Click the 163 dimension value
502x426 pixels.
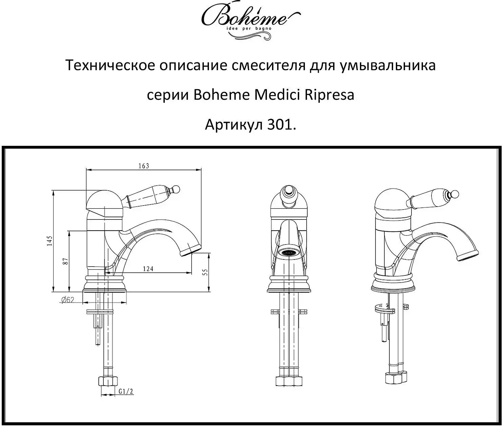(144, 166)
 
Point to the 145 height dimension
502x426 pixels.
(50, 240)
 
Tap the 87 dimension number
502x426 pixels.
(66, 261)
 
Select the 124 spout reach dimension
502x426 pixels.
(148, 269)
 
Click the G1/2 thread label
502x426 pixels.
(126, 391)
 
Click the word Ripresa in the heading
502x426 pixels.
(329, 95)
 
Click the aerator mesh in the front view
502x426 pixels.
(289, 253)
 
